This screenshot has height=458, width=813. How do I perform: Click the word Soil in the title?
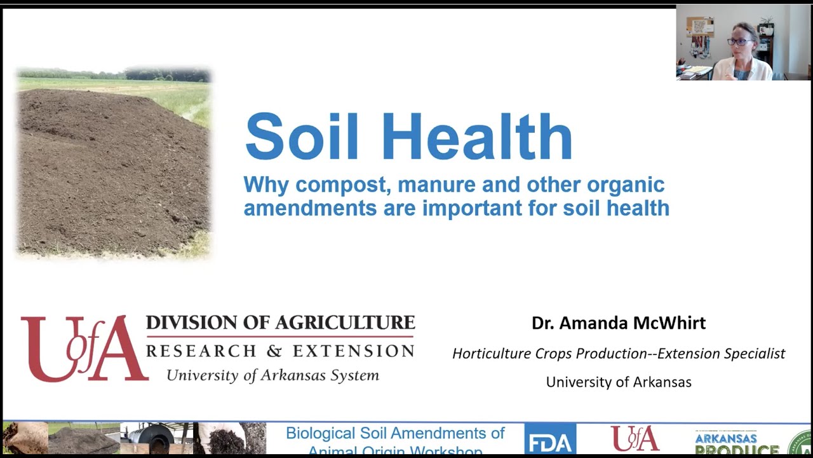[301, 137]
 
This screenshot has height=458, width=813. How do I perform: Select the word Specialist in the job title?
[752, 354]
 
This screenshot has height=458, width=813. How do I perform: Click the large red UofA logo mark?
[83, 348]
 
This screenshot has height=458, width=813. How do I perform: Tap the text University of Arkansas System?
[272, 375]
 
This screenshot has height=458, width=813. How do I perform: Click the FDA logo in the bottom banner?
[549, 440]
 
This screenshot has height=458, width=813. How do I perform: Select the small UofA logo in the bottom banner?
[635, 439]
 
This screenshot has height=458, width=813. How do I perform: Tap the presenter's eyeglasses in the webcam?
[739, 42]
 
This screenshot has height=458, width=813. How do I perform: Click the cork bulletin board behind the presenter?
[700, 26]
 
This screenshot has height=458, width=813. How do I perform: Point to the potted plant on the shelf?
[767, 25]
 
